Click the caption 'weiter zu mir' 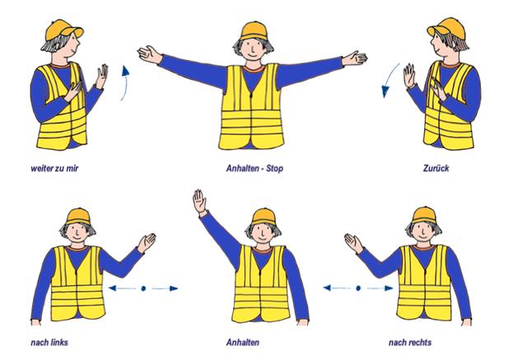tap(54, 168)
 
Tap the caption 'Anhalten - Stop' tap(254, 168)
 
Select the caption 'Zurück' tap(436, 168)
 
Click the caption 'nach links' tap(49, 343)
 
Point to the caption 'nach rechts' tap(410, 343)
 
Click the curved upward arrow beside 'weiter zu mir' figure tap(126, 82)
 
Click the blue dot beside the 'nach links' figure tap(143, 288)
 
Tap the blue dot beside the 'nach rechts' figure tap(358, 288)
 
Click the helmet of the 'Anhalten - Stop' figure tap(254, 31)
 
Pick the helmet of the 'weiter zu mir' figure tap(64, 29)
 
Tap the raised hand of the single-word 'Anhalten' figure tap(199, 201)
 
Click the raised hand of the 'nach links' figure tap(147, 242)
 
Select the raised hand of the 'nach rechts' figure tap(353, 243)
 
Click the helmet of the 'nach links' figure tap(78, 217)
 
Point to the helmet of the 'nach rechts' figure tap(424, 216)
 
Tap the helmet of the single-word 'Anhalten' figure tap(263, 217)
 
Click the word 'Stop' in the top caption tap(274, 168)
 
